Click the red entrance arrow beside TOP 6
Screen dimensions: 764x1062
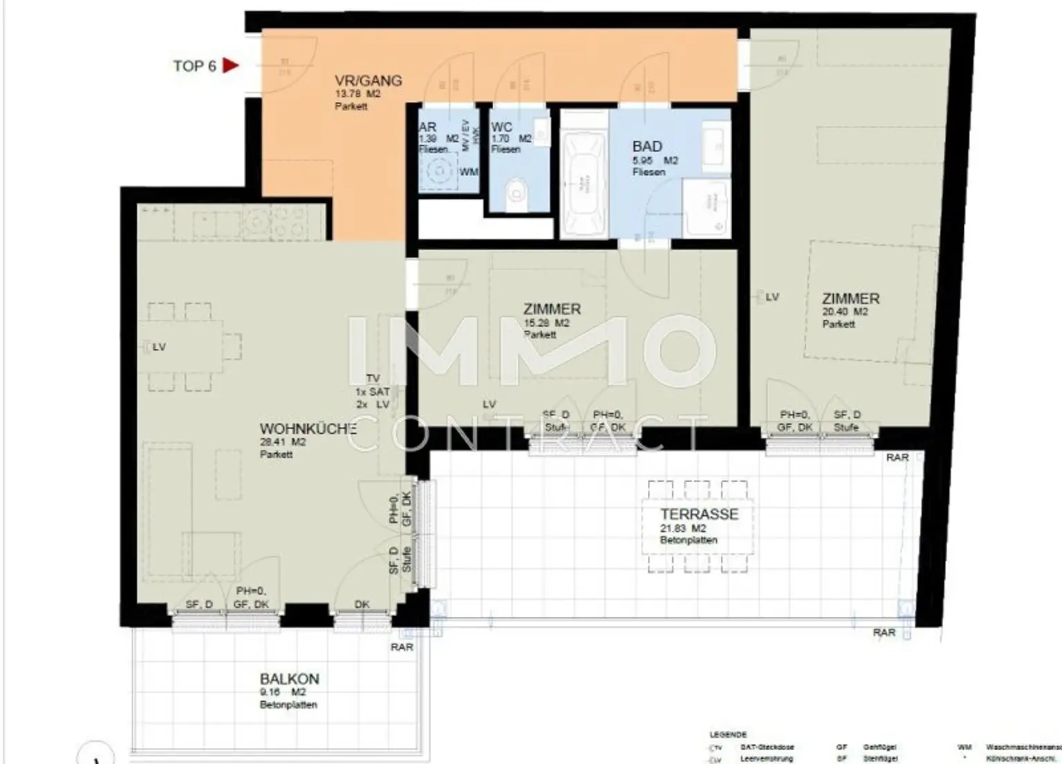pos(230,66)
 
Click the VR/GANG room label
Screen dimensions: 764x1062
pos(368,81)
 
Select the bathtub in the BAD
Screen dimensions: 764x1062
pos(584,184)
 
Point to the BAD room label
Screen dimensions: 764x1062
pos(647,146)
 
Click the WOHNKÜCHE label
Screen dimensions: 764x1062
pos(308,429)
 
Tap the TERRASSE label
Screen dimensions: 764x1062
pos(699,514)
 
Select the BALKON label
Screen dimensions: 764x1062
pos(289,679)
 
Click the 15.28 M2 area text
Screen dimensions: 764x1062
pos(546,323)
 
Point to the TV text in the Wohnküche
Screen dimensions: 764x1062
pos(373,379)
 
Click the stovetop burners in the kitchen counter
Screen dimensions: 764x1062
pos(292,222)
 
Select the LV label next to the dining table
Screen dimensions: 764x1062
pos(158,347)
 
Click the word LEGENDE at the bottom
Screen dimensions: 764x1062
pos(727,735)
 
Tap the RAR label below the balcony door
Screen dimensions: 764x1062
pos(402,647)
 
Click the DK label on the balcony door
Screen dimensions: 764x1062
pos(362,604)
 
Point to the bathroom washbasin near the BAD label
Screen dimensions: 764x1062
pos(713,143)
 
